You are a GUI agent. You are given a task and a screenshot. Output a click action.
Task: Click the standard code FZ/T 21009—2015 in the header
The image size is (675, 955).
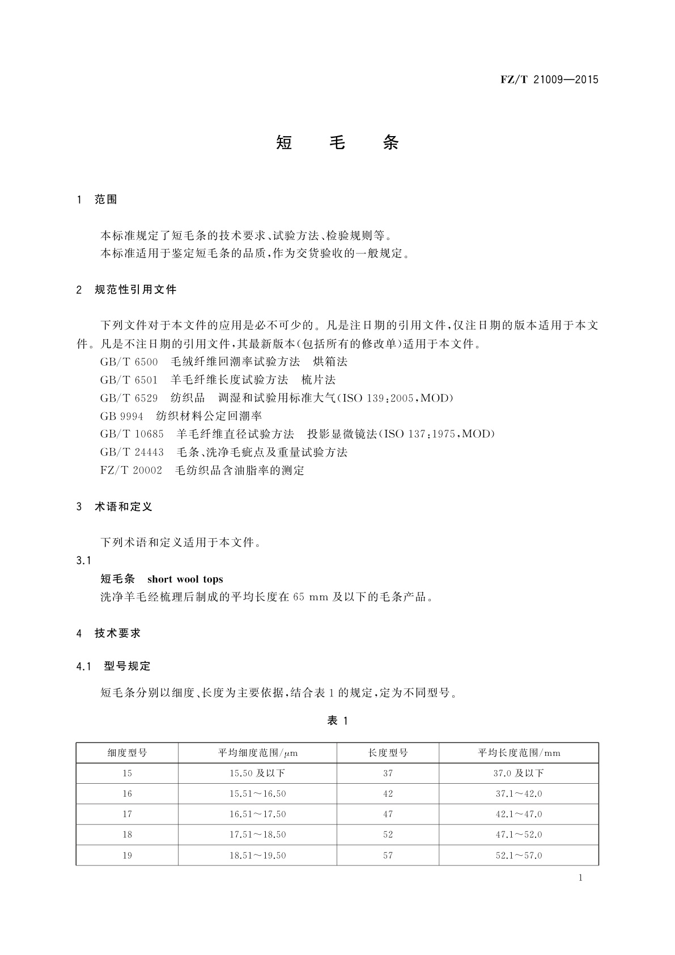coord(549,79)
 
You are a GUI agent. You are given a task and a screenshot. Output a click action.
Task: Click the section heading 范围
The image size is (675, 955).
coord(106,200)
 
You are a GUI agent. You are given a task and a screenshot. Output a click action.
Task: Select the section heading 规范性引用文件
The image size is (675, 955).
coord(135,290)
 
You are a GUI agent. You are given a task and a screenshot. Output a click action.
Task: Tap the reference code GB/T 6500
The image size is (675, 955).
coord(129,362)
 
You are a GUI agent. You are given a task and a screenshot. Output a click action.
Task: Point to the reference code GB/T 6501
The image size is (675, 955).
coord(129,380)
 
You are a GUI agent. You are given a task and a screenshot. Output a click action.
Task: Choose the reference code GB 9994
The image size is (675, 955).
coord(121,416)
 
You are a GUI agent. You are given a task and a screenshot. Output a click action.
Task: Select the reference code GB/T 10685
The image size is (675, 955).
coord(131,434)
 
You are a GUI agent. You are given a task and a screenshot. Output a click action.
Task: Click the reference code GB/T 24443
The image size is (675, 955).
coord(131,453)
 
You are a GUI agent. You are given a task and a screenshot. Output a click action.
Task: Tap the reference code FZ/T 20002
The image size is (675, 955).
coord(131,471)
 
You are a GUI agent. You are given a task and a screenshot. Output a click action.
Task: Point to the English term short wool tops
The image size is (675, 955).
coord(185,580)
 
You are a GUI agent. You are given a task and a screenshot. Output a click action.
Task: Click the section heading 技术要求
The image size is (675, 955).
coord(117,633)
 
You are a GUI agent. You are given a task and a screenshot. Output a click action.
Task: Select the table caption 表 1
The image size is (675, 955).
coord(337,721)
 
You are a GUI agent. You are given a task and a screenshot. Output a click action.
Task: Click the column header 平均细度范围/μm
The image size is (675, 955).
coord(258,753)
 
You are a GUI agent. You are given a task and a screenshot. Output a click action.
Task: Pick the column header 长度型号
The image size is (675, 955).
coord(388,753)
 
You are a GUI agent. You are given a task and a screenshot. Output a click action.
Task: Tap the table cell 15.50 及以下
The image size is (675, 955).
coord(257,774)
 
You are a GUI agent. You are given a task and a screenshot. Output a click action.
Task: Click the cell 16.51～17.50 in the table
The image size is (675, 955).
coord(257,814)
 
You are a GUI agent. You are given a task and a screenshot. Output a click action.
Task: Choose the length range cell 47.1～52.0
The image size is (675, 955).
coord(519,835)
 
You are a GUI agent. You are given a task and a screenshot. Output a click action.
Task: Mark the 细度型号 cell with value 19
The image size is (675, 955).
coord(127,855)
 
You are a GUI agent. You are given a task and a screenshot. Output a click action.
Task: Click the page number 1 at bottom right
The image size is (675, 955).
coord(580,878)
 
